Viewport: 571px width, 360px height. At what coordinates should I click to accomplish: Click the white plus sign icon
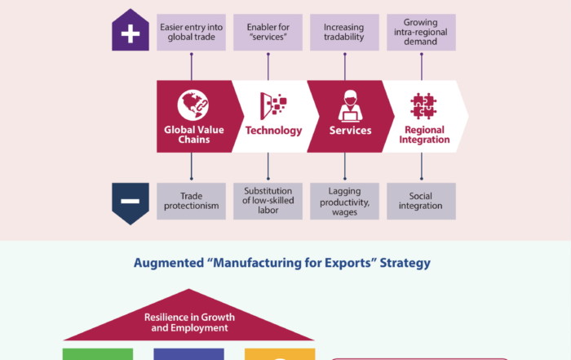(x=131, y=34)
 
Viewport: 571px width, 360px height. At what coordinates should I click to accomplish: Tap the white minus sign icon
(x=131, y=202)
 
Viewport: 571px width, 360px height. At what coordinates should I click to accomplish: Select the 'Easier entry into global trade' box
(x=191, y=32)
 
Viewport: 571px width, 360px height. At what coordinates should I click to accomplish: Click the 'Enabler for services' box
(x=268, y=32)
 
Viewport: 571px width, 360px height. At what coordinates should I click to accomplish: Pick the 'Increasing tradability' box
(x=344, y=32)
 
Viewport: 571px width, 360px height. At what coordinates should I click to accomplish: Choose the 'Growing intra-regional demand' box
(x=422, y=32)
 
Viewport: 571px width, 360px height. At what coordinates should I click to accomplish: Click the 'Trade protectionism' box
(x=191, y=201)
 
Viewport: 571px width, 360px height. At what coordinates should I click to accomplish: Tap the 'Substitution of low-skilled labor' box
(x=268, y=201)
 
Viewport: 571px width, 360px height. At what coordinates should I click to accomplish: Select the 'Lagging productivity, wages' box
(x=344, y=202)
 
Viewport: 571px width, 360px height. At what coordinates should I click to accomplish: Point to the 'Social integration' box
(x=422, y=201)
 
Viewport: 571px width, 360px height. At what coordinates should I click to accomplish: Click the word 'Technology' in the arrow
(x=273, y=131)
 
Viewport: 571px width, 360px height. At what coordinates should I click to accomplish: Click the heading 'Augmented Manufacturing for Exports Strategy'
(x=282, y=264)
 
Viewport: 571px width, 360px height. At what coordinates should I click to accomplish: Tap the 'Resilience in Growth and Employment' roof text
(x=188, y=322)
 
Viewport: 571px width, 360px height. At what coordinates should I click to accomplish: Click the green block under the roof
(x=98, y=354)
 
